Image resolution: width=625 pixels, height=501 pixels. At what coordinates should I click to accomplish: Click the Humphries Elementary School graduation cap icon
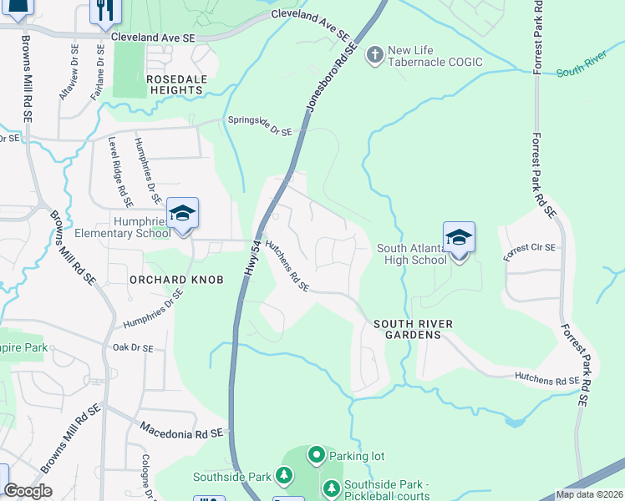point(182,213)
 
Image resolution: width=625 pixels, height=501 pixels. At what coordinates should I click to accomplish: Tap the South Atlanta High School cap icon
point(459,237)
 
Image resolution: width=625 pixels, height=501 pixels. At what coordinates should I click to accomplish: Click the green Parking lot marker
point(317,456)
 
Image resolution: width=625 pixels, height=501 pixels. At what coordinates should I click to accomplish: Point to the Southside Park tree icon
point(284,476)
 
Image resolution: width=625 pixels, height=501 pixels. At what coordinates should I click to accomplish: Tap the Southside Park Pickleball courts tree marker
point(332,487)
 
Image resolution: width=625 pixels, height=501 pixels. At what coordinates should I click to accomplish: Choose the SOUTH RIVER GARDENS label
point(407,328)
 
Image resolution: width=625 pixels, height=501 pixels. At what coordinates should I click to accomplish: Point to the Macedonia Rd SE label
point(183,431)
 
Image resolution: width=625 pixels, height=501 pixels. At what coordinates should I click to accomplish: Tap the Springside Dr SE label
point(260,126)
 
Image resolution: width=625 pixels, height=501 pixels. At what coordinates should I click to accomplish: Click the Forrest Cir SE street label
point(529,248)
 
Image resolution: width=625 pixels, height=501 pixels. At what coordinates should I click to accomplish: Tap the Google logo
point(28,490)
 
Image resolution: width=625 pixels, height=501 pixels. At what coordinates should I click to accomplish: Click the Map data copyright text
point(589,494)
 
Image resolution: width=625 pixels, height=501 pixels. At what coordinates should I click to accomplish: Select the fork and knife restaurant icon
point(105,10)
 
